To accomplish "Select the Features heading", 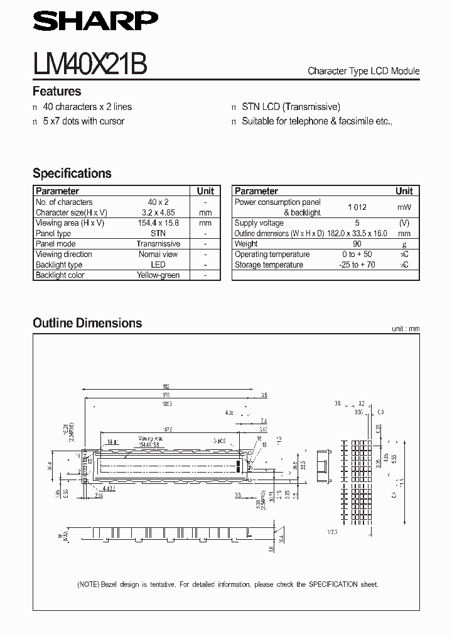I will [56, 91].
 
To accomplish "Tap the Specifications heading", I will [72, 173].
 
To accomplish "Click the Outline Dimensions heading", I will [87, 323].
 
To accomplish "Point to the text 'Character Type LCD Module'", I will [363, 71].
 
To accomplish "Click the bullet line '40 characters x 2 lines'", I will [87, 107].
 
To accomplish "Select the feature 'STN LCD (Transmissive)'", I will [291, 107].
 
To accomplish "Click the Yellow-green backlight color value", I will [158, 275].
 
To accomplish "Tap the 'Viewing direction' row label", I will [64, 254].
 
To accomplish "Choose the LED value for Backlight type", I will [158, 265].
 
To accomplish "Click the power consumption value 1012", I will [357, 207].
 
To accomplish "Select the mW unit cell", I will [404, 207].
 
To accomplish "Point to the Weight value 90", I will [357, 244].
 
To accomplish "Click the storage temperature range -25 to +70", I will [357, 265].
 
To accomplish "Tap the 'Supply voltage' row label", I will [259, 223].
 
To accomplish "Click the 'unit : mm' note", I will [405, 329].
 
